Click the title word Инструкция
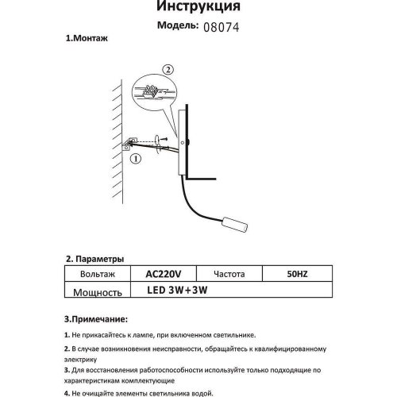click(198, 7)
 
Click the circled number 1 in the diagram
click(136, 159)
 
